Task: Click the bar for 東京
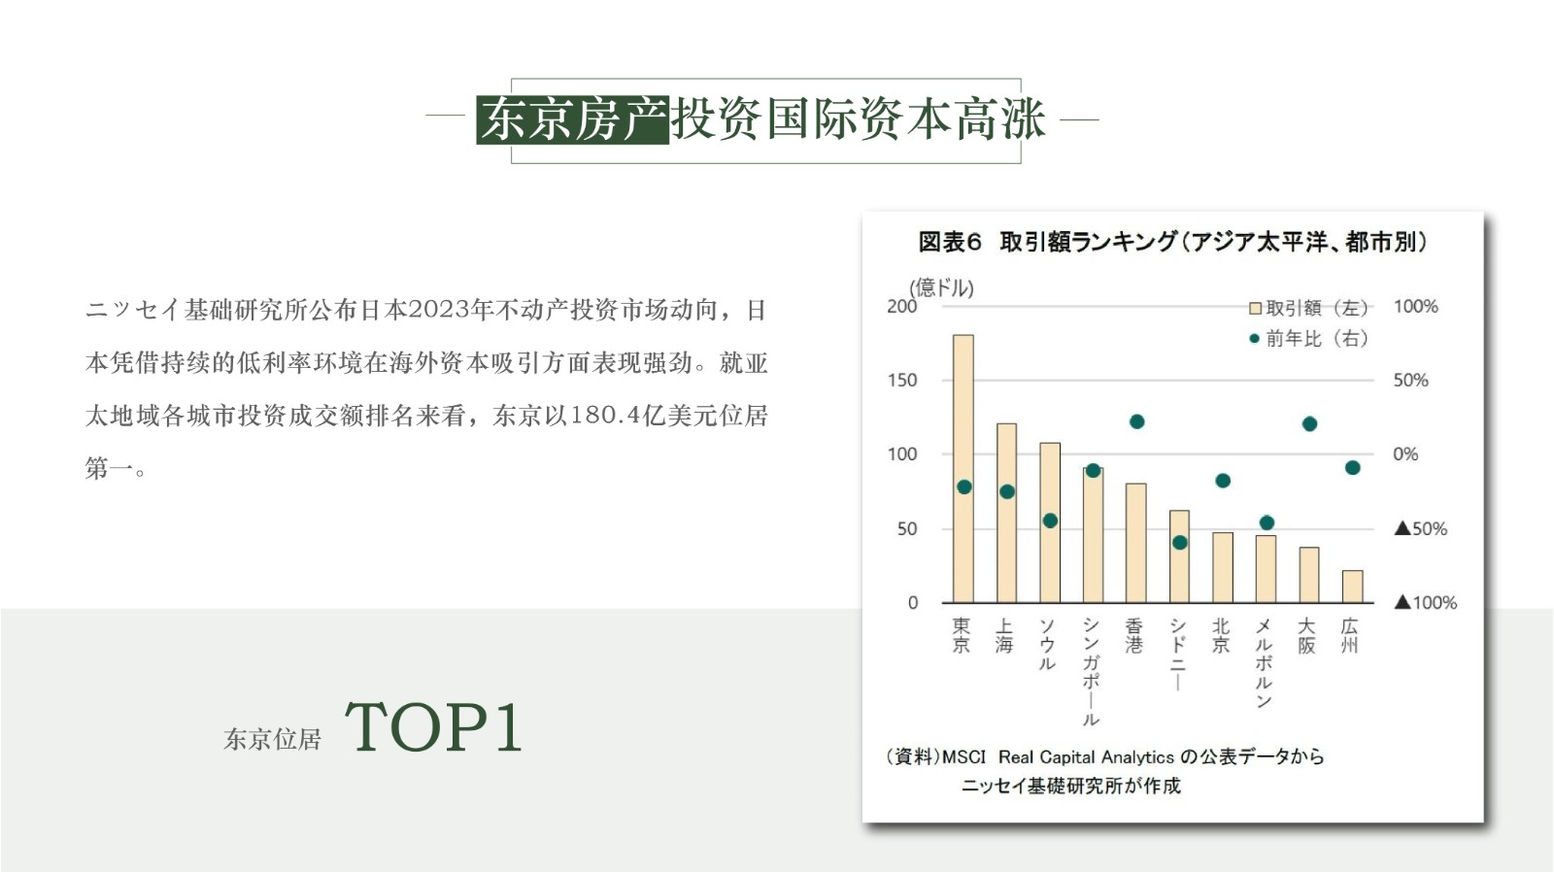click(x=963, y=468)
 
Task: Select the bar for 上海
click(x=1006, y=513)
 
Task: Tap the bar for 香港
click(x=1135, y=543)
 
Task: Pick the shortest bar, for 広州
click(x=1352, y=587)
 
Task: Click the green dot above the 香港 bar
click(x=1136, y=421)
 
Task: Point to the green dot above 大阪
click(x=1309, y=423)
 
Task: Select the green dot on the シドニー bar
click(x=1179, y=543)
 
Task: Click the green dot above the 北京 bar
click(x=1223, y=481)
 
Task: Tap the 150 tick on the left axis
click(x=902, y=380)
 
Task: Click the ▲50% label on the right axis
click(x=1421, y=528)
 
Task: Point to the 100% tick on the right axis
click(x=1415, y=306)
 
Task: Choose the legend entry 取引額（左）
click(x=1308, y=307)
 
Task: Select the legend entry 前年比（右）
click(x=1308, y=339)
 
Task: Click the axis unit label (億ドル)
click(x=941, y=287)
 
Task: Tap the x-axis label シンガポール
click(x=1092, y=672)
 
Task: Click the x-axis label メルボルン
click(x=1264, y=663)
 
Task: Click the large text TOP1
click(x=433, y=726)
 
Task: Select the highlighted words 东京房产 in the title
click(x=573, y=119)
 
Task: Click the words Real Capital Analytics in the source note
click(x=1086, y=756)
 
